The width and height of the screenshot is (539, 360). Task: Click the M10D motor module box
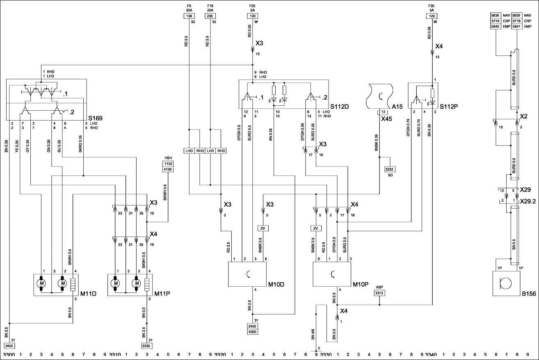coord(247,274)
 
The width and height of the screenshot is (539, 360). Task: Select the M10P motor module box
coord(332,274)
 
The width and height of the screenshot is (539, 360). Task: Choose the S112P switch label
coord(449,107)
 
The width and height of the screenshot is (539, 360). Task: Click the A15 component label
coord(397,107)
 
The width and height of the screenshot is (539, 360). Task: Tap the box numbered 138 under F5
coord(189,16)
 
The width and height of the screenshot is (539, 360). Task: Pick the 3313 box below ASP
coord(379,293)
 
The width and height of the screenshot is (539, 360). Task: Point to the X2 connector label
coord(523,116)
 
